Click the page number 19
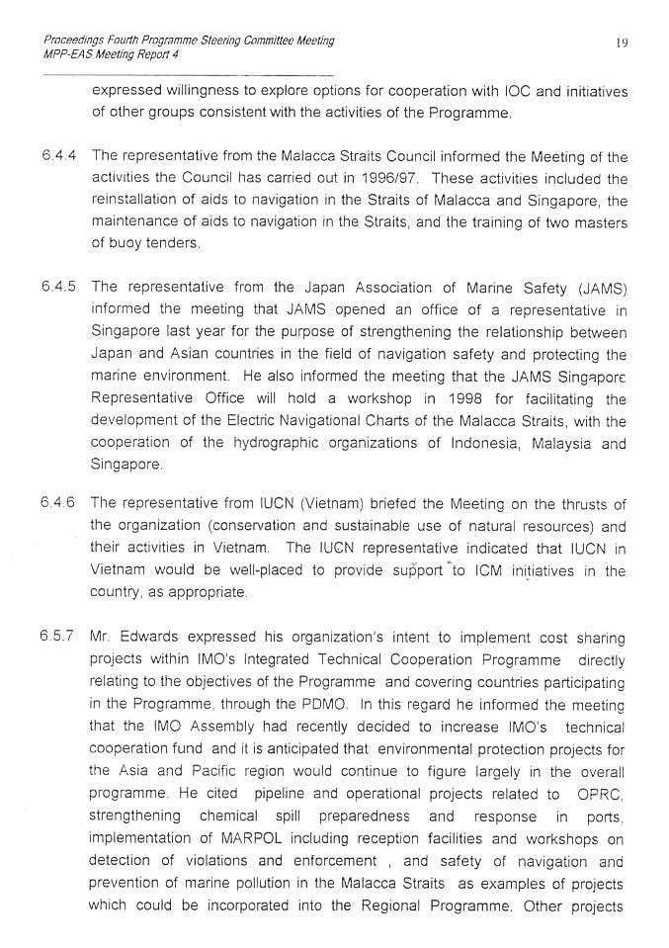(x=622, y=43)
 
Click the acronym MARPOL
(x=266, y=839)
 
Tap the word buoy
(x=126, y=243)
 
